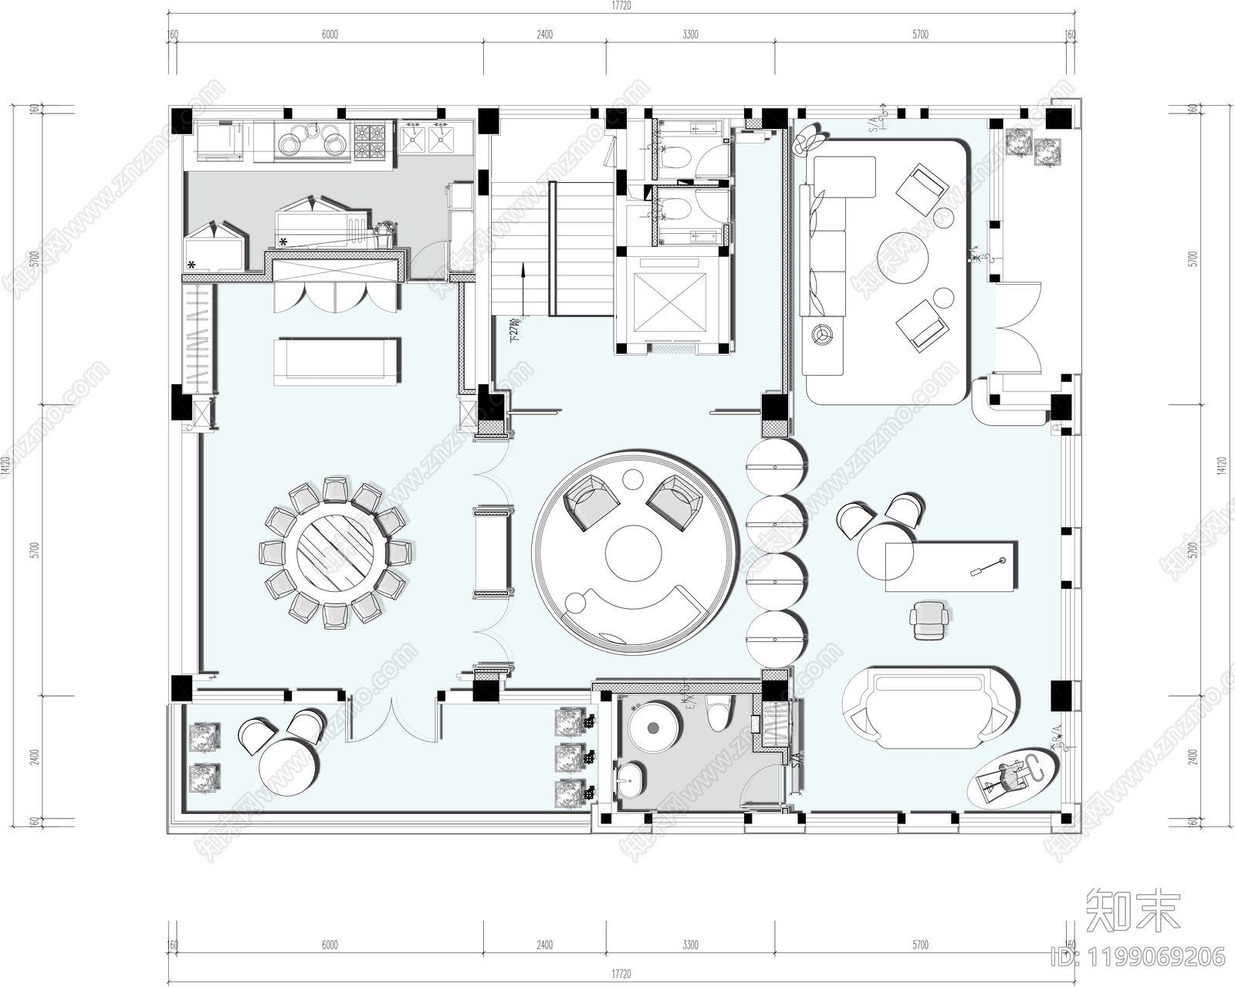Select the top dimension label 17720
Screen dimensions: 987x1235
[621, 5]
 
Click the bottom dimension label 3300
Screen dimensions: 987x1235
[690, 945]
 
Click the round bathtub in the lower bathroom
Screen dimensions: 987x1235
[655, 726]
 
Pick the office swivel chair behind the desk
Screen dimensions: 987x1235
[927, 620]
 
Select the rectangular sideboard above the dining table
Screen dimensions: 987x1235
[337, 360]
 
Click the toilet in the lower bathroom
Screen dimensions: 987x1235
[719, 710]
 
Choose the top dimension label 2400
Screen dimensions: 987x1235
[544, 34]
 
